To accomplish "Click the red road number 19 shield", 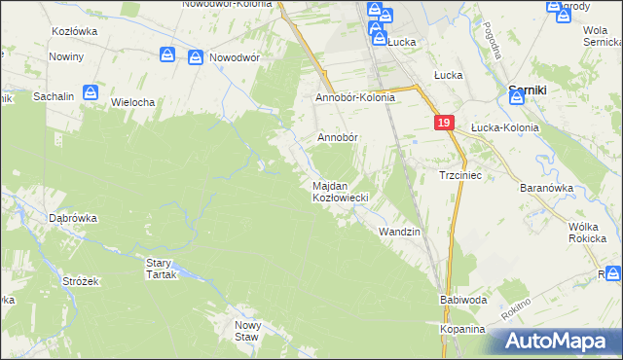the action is pos(443,123).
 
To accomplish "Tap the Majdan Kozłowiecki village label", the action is pos(339,192).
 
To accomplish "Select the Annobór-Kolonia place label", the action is pos(354,98).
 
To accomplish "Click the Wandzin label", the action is pos(399,232).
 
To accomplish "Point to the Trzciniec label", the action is pos(456,175).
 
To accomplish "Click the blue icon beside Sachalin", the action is pos(91,92).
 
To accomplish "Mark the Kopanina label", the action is pos(461,330).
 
